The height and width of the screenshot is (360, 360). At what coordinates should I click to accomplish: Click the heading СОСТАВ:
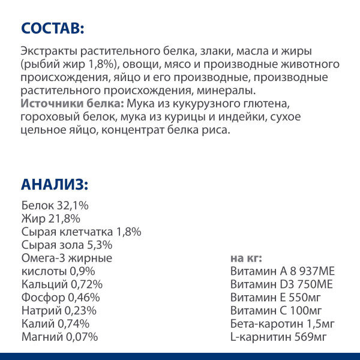point(53,28)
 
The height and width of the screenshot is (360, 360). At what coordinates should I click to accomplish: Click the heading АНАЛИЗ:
point(55,184)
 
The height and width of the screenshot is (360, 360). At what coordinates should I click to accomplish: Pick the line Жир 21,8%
point(50,218)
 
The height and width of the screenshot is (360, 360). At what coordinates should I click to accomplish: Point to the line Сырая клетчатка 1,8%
point(81,232)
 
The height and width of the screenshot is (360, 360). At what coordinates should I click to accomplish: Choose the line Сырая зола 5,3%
point(67,245)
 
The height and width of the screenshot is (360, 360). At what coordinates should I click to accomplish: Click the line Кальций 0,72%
point(62,284)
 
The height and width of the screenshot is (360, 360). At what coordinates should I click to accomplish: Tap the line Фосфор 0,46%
point(60,298)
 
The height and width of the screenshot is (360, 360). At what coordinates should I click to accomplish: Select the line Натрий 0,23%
point(58,311)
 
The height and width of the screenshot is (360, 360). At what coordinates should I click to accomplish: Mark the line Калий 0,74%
point(55,324)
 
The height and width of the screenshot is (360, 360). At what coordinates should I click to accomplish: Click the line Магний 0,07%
point(59,337)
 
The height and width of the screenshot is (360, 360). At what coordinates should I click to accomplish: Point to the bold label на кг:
point(246,258)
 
